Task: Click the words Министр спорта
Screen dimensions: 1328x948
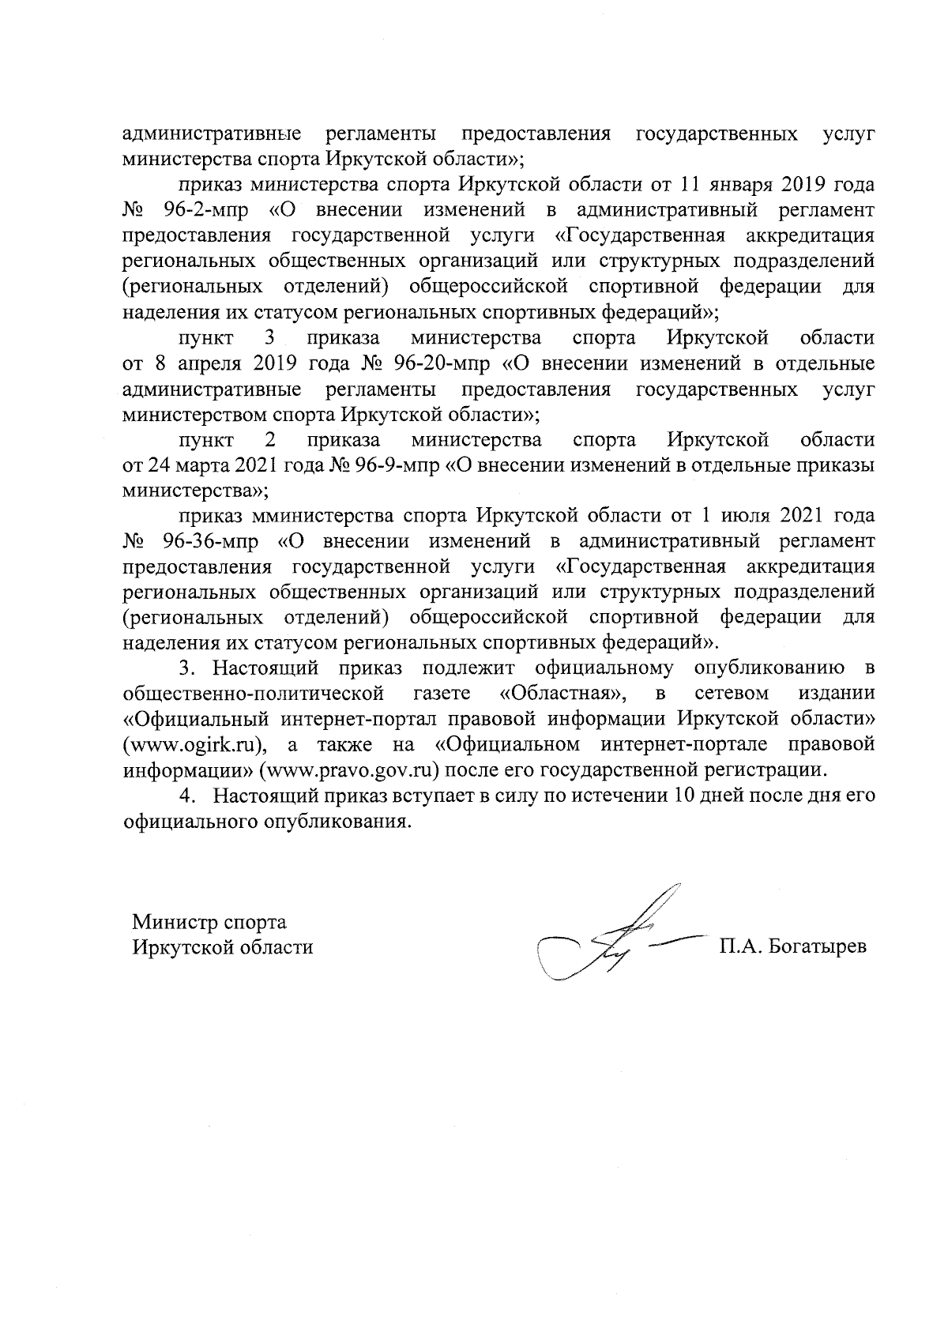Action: click(209, 922)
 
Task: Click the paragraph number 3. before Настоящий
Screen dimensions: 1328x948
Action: click(186, 668)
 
